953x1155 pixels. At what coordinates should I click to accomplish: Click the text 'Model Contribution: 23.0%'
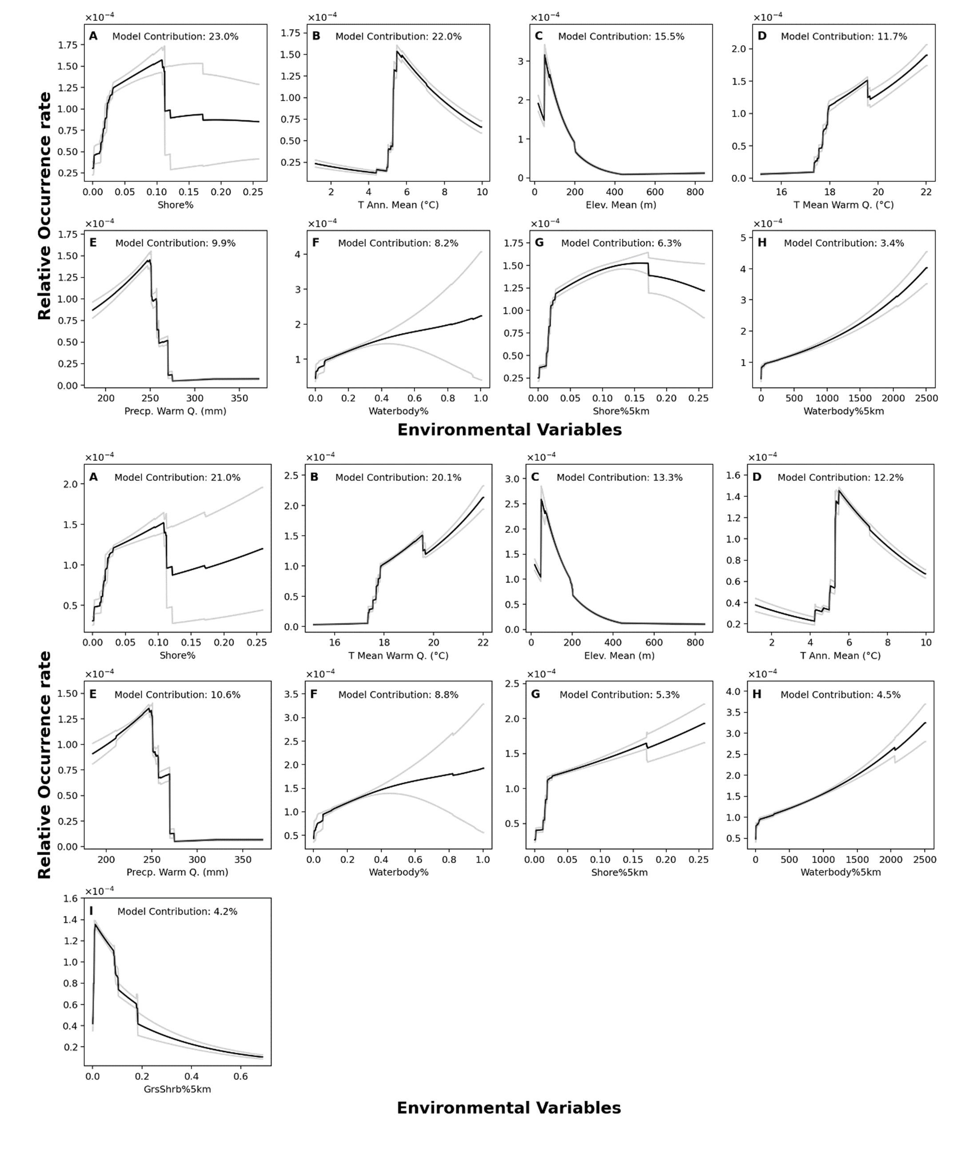click(175, 37)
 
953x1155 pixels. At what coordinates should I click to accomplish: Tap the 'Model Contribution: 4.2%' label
click(177, 911)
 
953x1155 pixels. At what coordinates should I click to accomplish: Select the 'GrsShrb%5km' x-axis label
click(177, 1089)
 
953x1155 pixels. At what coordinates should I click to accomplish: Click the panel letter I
click(91, 911)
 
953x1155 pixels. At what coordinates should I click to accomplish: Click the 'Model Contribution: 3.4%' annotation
click(844, 243)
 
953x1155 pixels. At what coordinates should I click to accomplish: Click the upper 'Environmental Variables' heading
click(510, 430)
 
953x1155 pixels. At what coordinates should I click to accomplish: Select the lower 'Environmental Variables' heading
click(508, 1108)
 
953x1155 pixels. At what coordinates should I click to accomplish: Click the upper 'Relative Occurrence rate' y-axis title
click(44, 206)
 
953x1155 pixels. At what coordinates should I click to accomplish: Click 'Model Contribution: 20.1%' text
click(398, 478)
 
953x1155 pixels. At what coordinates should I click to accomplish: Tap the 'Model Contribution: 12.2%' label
click(840, 478)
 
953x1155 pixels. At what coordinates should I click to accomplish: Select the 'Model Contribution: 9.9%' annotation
click(175, 243)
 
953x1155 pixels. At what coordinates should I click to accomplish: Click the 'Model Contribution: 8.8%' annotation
click(398, 695)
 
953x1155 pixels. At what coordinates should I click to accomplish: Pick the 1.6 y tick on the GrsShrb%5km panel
click(70, 899)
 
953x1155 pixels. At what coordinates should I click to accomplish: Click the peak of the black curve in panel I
click(96, 924)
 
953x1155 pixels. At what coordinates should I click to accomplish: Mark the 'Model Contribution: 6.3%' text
click(621, 243)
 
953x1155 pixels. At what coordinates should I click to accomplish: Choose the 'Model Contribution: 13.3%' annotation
click(619, 478)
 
